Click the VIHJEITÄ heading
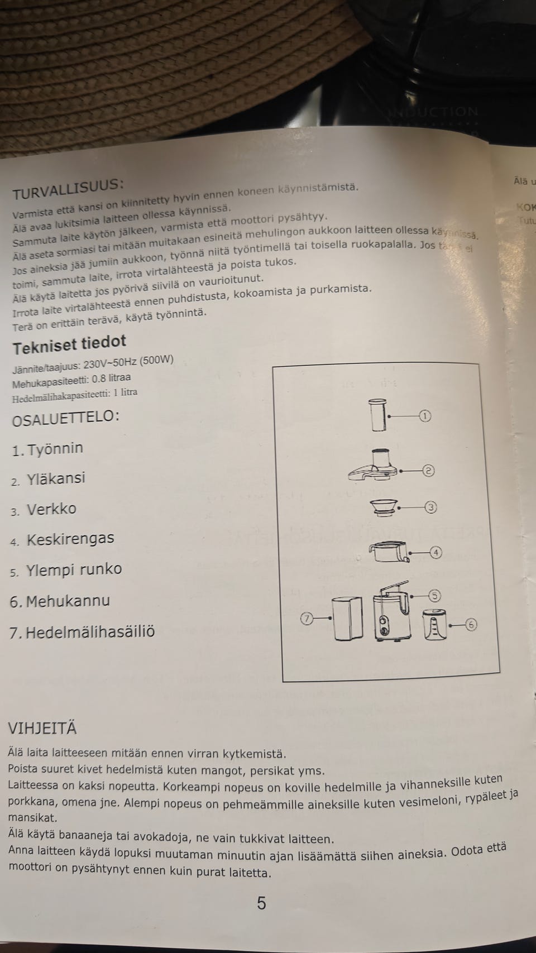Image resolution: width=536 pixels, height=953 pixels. (x=42, y=729)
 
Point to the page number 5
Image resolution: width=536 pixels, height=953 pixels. (x=261, y=903)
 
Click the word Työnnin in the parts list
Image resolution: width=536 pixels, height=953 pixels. (x=55, y=449)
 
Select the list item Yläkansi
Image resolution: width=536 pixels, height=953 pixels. (x=56, y=478)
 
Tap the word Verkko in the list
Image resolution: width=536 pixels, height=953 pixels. (x=51, y=509)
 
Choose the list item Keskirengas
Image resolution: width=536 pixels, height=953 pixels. (x=70, y=539)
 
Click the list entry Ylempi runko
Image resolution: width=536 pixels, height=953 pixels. (x=74, y=569)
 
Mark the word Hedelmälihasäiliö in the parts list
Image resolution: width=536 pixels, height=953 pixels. (x=90, y=632)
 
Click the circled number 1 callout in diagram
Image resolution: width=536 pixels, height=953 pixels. (x=425, y=416)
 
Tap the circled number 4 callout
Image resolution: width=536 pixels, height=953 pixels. (x=436, y=553)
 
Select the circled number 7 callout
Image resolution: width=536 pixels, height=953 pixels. (x=307, y=618)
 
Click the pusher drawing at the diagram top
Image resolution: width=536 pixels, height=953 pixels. (x=379, y=414)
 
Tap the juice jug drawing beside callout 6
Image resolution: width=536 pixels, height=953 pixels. (x=434, y=625)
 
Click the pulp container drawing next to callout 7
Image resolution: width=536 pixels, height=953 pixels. (x=347, y=619)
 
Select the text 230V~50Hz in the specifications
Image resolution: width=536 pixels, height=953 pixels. (x=109, y=365)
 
